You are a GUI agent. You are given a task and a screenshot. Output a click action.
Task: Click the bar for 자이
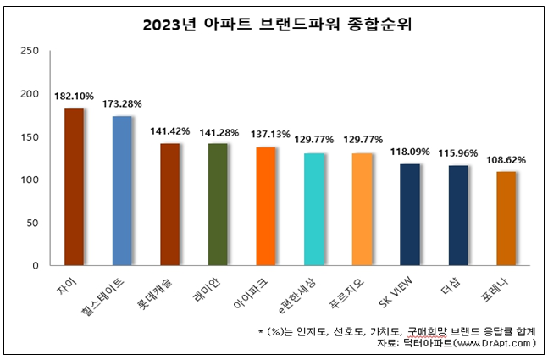pos(74,186)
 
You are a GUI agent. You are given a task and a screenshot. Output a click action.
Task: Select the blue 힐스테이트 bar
pos(122,191)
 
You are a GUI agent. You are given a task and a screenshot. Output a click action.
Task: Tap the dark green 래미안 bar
pos(219,204)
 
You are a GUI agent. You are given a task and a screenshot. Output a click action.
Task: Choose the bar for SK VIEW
pos(410,214)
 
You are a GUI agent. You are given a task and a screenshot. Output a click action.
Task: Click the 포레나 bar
pos(506,219)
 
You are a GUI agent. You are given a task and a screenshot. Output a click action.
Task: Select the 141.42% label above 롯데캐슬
pos(170,132)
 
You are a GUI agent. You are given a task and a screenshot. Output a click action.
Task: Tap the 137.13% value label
pos(266,136)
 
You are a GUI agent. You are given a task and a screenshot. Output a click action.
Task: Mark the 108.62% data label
pos(506,159)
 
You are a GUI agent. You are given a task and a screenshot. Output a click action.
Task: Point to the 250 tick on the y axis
pos(30,51)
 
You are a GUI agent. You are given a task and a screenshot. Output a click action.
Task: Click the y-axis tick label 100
pos(30,180)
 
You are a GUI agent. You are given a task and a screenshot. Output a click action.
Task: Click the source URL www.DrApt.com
pos(492,344)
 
